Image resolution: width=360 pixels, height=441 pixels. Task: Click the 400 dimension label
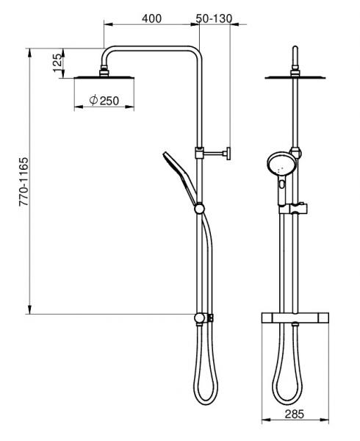point(151,18)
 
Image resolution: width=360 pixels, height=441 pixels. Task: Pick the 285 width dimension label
point(294,415)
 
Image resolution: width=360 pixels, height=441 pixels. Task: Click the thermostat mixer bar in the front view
point(294,318)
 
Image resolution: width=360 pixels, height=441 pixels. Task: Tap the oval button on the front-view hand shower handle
point(281,196)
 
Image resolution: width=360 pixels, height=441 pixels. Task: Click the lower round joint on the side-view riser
point(200,318)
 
